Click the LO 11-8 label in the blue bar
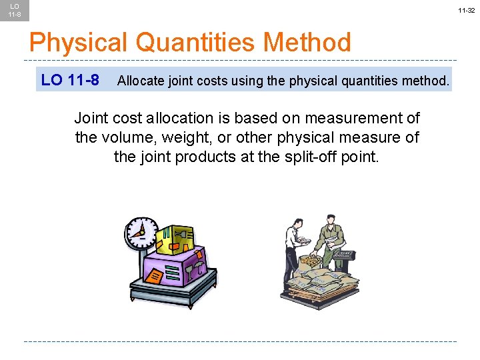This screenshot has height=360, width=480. coord(70,81)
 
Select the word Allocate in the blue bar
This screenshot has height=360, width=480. coord(138,81)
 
